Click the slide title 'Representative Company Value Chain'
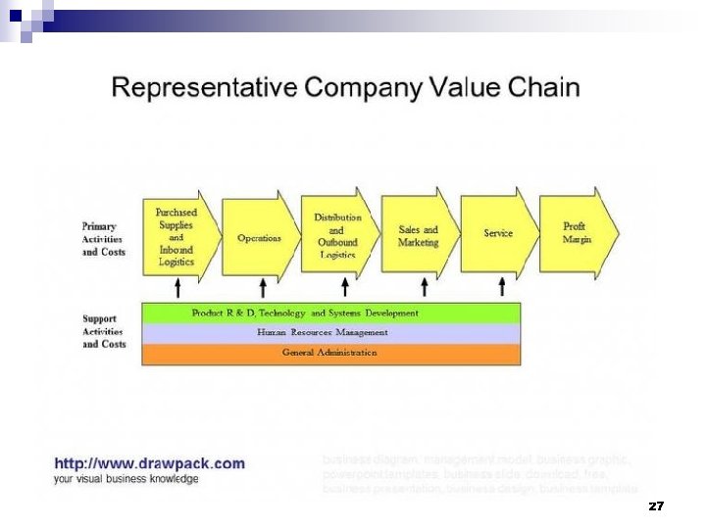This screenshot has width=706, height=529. pos(345,88)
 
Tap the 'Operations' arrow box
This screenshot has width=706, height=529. pos(259,238)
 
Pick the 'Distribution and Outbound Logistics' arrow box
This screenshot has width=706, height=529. pos(337,236)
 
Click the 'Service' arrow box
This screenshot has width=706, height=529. pos(498,234)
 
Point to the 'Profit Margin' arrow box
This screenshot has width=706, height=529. pos(578,233)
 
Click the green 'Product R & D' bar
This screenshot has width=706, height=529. pos(331,313)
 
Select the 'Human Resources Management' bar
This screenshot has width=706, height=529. pos(331,333)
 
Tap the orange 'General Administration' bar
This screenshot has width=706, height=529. pos(331,353)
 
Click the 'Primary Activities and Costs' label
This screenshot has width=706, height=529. pos(104,239)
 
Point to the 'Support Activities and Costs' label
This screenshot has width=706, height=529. pos(104,331)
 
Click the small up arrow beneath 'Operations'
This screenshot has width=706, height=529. pos(262,287)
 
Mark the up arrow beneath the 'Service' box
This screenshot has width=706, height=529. pos(502,287)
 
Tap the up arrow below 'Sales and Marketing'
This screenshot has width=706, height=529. pos(424,287)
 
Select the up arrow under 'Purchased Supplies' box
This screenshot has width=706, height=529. pos(177,287)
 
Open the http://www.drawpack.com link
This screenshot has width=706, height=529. pos(149,463)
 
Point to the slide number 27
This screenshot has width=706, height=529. pos(656,506)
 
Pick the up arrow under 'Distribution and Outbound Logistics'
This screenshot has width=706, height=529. pos(344,287)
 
